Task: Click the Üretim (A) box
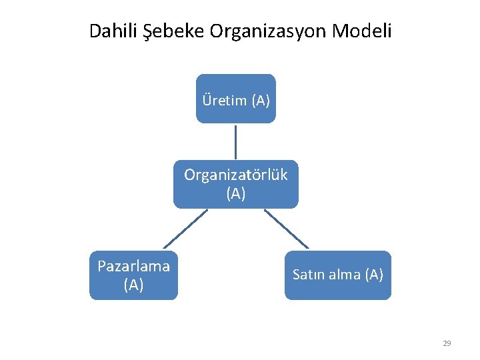pyautogui.click(x=235, y=99)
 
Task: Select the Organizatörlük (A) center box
pyautogui.click(x=235, y=184)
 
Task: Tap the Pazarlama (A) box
pyautogui.click(x=133, y=275)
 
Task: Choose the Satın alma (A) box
pyautogui.click(x=337, y=275)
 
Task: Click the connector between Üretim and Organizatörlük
pyautogui.click(x=235, y=141)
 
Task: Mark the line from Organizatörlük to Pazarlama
pyautogui.click(x=185, y=229)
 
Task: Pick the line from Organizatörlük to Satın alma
pyautogui.click(x=287, y=229)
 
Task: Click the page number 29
pyautogui.click(x=447, y=343)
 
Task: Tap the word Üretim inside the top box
pyautogui.click(x=225, y=101)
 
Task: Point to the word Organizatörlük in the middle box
pyautogui.click(x=235, y=175)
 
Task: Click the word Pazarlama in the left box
pyautogui.click(x=133, y=267)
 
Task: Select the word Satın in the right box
pyautogui.click(x=307, y=275)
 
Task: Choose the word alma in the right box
pyautogui.click(x=343, y=275)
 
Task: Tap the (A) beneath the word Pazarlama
pyautogui.click(x=133, y=285)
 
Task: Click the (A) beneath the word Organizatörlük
pyautogui.click(x=235, y=194)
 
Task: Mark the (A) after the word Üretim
pyautogui.click(x=260, y=101)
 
